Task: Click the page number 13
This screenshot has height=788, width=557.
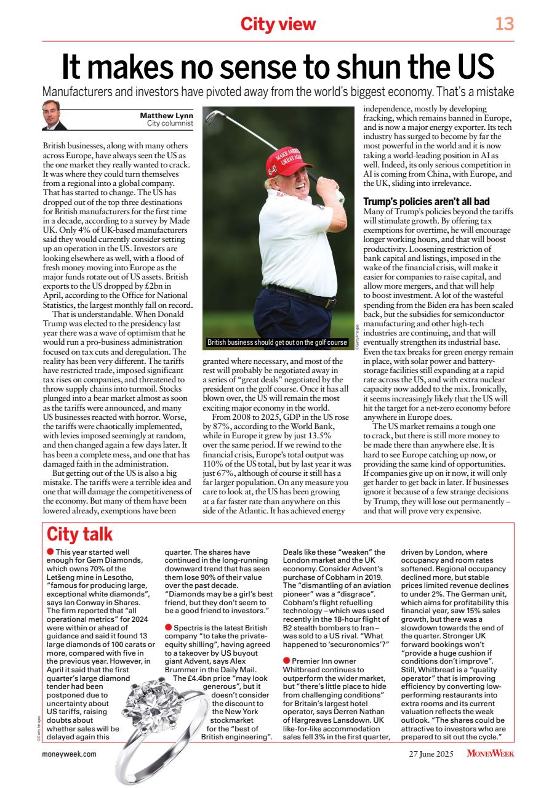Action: (504, 24)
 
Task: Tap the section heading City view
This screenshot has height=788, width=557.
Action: (278, 24)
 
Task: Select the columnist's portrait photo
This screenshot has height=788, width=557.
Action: (54, 115)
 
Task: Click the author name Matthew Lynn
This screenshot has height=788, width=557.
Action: (166, 116)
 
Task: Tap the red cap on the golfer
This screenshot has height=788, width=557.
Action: (284, 159)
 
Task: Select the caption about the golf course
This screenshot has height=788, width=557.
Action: (277, 342)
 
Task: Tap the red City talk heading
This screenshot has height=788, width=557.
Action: (80, 533)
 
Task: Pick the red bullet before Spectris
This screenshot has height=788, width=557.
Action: (168, 627)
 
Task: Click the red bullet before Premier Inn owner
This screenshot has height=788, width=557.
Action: (286, 661)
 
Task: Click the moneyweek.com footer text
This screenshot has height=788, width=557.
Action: (69, 753)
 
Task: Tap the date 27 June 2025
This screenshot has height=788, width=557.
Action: (433, 753)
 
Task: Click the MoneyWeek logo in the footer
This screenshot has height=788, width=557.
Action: (490, 753)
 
